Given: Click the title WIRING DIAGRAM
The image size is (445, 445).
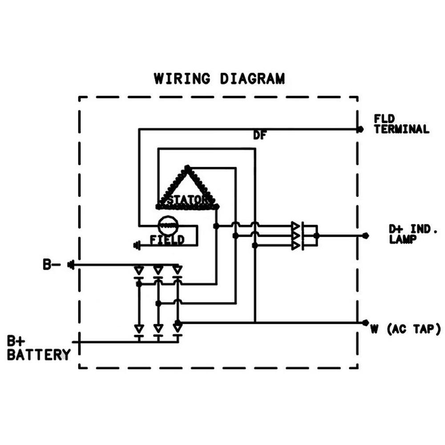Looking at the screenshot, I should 219,79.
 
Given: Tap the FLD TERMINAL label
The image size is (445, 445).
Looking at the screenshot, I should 401,124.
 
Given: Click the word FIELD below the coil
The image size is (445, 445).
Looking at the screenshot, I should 167,240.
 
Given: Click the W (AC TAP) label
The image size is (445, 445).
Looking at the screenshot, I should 405,330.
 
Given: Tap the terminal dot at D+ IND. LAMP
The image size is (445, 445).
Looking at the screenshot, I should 365,235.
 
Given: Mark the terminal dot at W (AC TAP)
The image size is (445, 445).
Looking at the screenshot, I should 365,323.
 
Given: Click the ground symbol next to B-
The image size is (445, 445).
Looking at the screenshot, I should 70,265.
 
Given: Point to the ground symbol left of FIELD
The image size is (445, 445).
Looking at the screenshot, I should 137,245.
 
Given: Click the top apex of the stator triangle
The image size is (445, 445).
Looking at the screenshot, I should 187,168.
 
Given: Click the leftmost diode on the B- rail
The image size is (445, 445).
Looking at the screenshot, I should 139,271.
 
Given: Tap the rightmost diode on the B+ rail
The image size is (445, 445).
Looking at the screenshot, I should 178,329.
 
